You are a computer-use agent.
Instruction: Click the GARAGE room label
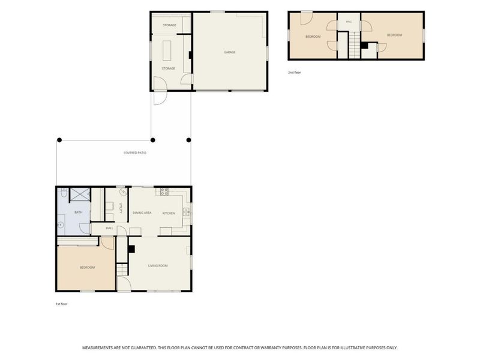click(x=230, y=52)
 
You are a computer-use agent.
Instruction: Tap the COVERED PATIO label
click(x=135, y=153)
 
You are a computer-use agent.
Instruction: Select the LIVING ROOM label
click(x=158, y=266)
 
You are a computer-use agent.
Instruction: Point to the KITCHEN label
click(x=169, y=213)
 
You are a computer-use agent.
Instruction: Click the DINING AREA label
click(x=142, y=213)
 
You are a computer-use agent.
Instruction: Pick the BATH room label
click(x=79, y=212)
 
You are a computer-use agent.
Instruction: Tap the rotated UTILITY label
click(x=121, y=208)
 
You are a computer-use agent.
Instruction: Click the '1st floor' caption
click(x=62, y=304)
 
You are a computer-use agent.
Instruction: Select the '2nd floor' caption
click(x=295, y=73)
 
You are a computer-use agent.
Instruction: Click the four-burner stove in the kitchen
click(x=164, y=191)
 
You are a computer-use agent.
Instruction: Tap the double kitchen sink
click(x=186, y=212)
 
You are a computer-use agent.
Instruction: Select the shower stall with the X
click(x=80, y=194)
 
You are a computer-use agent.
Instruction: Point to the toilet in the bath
click(x=64, y=193)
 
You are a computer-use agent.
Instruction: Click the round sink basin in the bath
click(x=61, y=225)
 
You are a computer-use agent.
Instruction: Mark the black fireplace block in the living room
click(x=131, y=249)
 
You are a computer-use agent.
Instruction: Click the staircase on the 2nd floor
click(x=355, y=44)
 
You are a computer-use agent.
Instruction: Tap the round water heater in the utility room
click(x=124, y=192)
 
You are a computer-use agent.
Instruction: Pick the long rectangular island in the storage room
click(x=167, y=50)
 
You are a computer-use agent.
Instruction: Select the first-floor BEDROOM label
click(x=87, y=268)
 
